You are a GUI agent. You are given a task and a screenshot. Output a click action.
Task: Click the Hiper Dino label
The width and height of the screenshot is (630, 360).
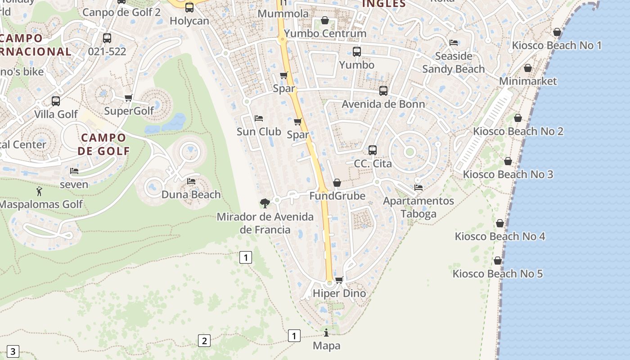click(x=339, y=293)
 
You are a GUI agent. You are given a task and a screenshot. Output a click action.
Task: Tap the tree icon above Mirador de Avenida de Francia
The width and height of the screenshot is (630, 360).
click(x=265, y=203)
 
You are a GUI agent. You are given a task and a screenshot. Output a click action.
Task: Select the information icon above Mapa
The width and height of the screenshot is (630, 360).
click(x=326, y=333)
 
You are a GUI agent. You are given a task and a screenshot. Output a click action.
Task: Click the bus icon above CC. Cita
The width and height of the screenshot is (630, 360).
click(x=373, y=150)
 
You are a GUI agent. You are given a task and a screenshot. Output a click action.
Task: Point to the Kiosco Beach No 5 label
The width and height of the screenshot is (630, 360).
click(x=498, y=274)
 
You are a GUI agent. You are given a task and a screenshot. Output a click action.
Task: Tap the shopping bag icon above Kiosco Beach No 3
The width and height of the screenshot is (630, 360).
click(x=508, y=161)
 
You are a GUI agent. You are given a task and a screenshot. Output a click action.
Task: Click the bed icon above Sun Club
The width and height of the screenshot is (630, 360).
click(x=259, y=118)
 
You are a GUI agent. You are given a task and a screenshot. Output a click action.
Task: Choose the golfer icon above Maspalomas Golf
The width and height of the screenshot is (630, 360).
click(x=39, y=191)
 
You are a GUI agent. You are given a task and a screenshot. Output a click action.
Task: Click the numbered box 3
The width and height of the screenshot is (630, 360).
click(x=13, y=351)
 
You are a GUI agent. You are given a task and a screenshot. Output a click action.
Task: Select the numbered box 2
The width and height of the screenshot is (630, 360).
click(x=204, y=341)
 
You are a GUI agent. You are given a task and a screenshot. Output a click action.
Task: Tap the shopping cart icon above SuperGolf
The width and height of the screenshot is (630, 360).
click(x=129, y=98)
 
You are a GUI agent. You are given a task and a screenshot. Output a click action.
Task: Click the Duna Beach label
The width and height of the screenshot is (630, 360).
click(x=191, y=194)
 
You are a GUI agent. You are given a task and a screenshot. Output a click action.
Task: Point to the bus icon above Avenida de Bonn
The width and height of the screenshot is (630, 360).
click(x=383, y=91)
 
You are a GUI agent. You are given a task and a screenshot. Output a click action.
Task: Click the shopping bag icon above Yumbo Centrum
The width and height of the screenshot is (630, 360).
click(x=325, y=20)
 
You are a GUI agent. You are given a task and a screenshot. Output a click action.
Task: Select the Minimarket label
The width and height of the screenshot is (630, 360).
click(x=528, y=81)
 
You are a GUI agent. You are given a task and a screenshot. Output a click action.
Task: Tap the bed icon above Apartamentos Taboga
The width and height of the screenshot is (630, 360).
click(x=418, y=188)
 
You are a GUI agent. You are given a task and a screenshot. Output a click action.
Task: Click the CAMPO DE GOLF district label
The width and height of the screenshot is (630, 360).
click(x=103, y=144)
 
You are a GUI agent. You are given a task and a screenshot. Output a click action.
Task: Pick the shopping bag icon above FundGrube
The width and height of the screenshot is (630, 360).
click(x=337, y=183)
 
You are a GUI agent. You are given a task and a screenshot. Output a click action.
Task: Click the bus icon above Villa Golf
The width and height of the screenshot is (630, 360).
click(x=56, y=101)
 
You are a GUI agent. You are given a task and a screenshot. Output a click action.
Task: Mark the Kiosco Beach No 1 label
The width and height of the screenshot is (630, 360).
click(x=557, y=45)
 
